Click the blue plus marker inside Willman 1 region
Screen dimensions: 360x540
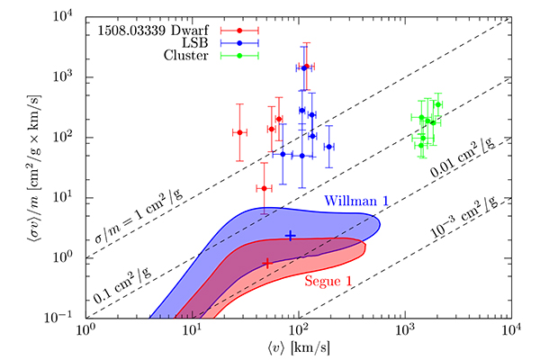290,236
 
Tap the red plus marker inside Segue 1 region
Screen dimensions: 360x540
267,263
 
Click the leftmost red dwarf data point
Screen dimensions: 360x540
240,132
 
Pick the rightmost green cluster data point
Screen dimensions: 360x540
437,104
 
